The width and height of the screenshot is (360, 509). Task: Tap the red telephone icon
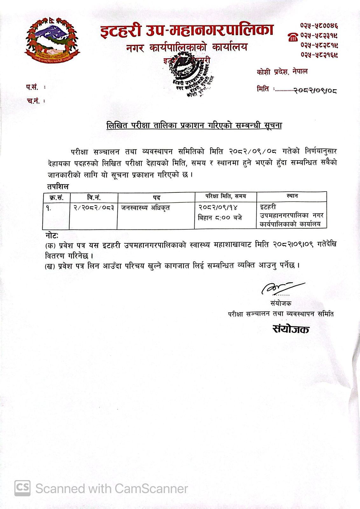pos(293,38)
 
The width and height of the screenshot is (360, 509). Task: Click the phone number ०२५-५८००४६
pos(319,25)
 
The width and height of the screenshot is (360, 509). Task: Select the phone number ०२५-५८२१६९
pos(319,55)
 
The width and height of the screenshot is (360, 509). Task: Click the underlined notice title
pos(194,126)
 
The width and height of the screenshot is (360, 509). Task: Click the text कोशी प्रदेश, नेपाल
pos(282,72)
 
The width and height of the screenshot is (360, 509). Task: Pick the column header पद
pos(156,198)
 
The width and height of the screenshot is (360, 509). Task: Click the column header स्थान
pos(292,196)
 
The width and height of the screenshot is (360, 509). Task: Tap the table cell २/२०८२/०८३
pos(93,208)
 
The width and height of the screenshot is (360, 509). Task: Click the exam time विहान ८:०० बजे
pos(220,218)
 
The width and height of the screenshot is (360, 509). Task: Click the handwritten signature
pos(281,287)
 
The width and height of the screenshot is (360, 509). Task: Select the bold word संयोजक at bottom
pos(291,329)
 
